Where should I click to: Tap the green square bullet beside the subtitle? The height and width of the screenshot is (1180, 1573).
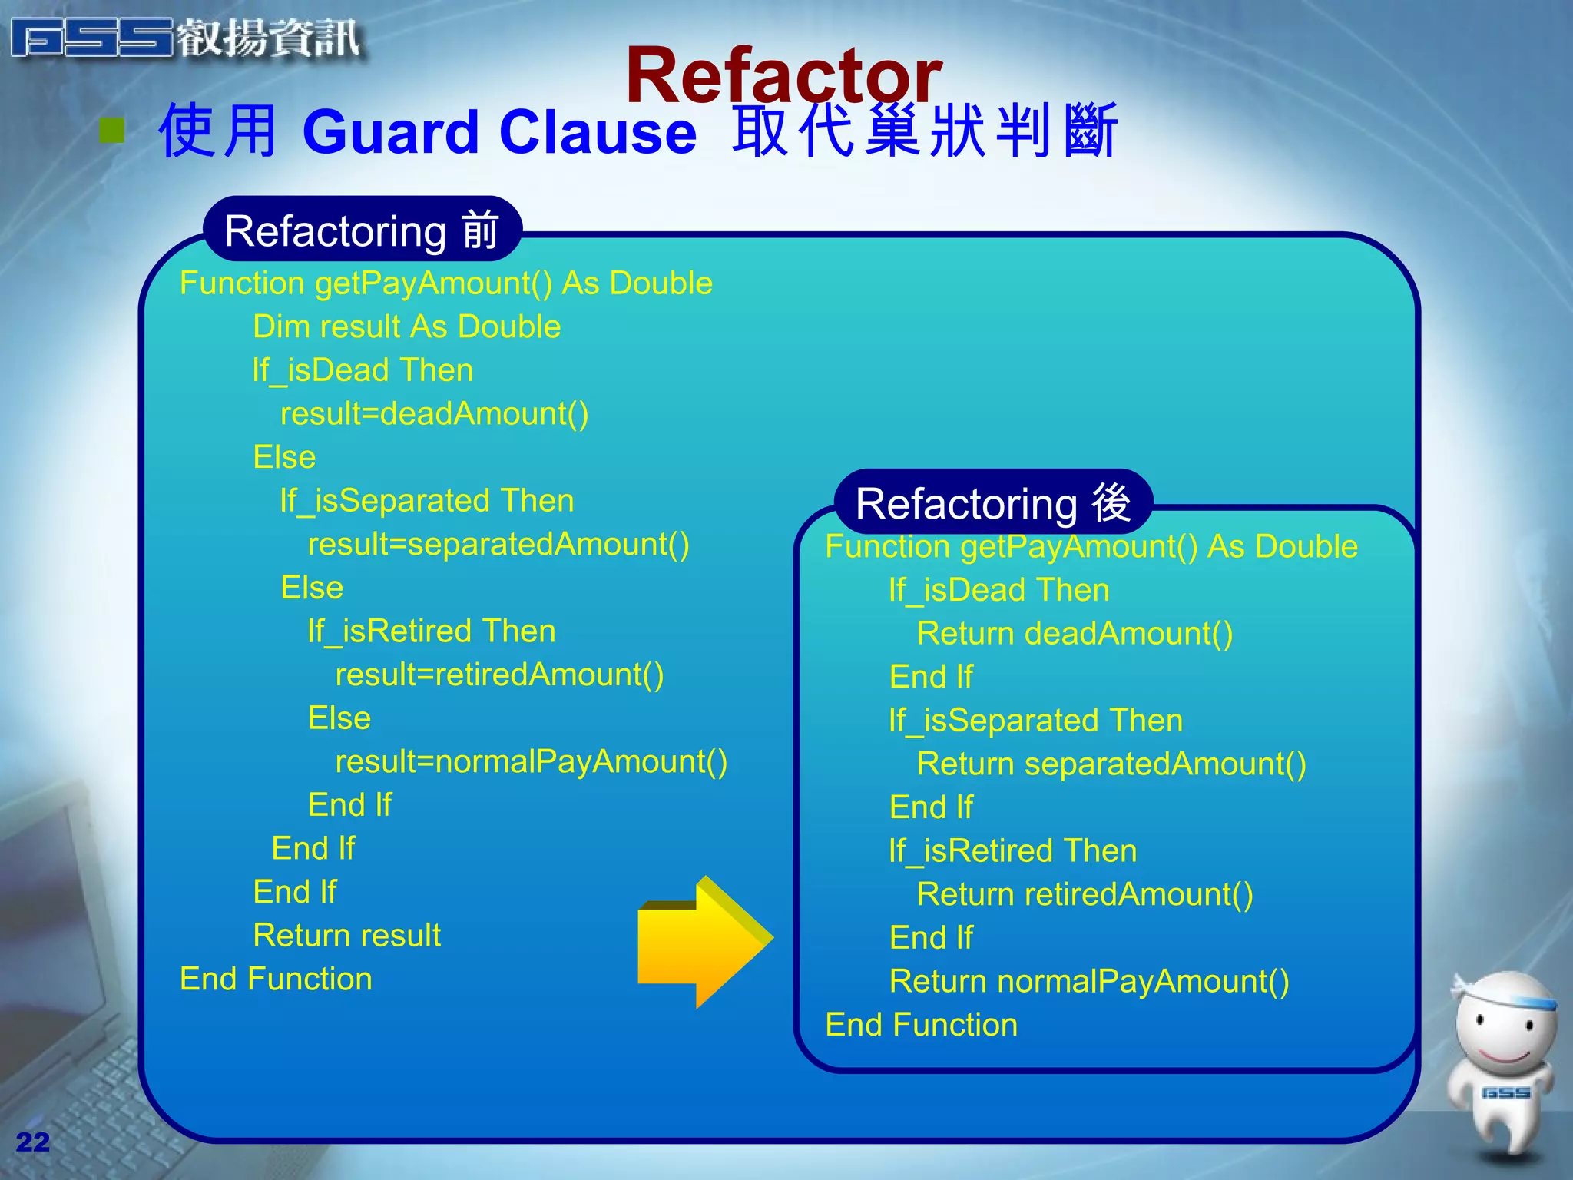pos(112,131)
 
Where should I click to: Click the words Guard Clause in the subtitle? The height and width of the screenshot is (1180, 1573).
pos(499,133)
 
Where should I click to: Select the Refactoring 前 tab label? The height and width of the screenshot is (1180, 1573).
pos(362,230)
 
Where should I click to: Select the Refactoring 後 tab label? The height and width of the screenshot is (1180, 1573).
pos(992,503)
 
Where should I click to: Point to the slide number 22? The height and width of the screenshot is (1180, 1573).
pos(32,1142)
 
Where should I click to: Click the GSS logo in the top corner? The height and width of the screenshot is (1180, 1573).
pos(184,38)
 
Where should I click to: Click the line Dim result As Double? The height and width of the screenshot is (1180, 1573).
pos(406,327)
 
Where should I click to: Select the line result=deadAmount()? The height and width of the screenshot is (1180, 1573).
pos(434,414)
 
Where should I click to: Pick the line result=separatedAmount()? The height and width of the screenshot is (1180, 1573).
pos(498,545)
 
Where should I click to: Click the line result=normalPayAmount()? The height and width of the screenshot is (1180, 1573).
pos(531,762)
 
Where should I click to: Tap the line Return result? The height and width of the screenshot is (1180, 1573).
pos(346,936)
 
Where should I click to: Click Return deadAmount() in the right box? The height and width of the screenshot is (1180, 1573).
pos(1074,634)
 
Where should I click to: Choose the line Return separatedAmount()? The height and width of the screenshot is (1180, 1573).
pos(1111,764)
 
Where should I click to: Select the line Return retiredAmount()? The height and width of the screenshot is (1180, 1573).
pos(1084,895)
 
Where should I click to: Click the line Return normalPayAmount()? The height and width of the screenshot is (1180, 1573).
pos(1088,982)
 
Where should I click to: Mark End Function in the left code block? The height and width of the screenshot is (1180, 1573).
pos(276,979)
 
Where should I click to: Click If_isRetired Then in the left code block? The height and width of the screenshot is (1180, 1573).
pos(431,631)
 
